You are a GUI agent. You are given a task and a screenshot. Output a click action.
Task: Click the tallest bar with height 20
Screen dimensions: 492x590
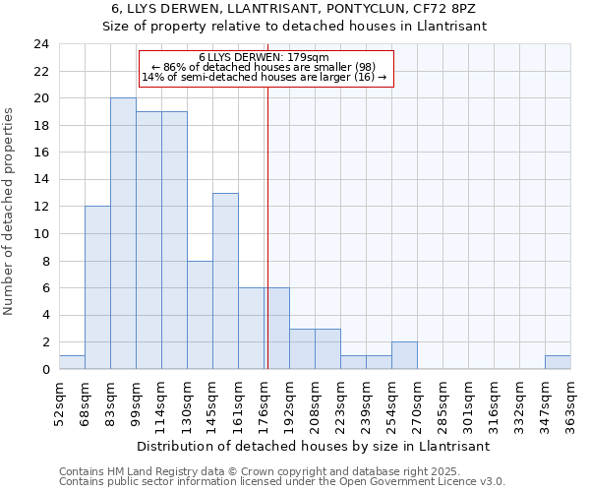click(123, 233)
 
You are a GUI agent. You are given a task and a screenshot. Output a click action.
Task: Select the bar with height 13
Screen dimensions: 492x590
click(225, 280)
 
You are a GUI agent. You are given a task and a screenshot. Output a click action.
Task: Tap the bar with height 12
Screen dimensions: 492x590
click(97, 287)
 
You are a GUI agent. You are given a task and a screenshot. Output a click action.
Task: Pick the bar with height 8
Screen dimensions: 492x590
click(200, 315)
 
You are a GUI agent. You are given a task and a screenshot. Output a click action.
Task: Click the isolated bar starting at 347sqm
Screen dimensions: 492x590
click(558, 362)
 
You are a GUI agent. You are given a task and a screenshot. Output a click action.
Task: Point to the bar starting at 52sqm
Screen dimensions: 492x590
click(72, 362)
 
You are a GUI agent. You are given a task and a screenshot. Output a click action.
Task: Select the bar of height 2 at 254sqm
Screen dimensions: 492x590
click(404, 355)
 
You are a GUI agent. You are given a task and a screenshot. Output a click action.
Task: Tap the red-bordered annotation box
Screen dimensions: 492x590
click(265, 68)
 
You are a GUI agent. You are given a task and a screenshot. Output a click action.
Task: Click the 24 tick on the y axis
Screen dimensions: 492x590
click(41, 44)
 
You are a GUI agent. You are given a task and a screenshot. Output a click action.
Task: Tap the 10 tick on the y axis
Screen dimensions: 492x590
click(41, 234)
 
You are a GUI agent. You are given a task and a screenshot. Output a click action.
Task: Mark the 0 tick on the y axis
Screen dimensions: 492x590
click(45, 370)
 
